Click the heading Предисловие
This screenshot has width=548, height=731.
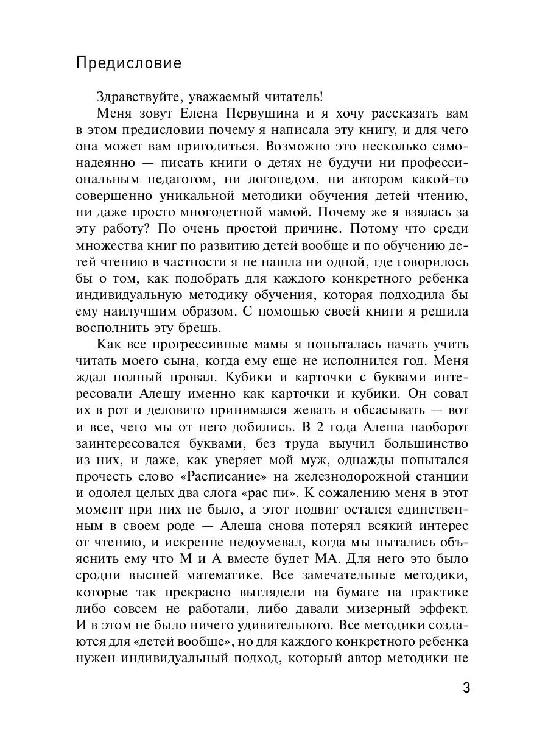coord(128,64)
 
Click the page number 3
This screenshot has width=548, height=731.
coord(466,689)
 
